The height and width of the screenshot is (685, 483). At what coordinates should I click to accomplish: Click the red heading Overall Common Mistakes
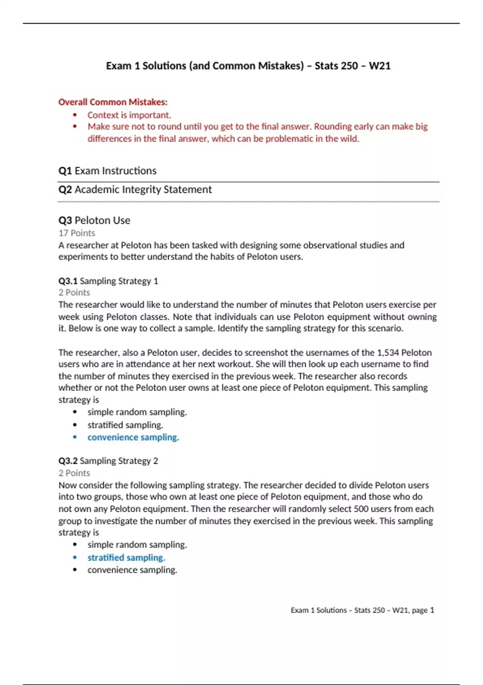pos(113,102)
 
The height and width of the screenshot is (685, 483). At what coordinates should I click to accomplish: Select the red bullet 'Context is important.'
pos(129,115)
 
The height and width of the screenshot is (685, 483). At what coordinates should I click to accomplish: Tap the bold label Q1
pos(65,171)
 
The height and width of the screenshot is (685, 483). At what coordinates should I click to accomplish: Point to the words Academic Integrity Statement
pos(143,189)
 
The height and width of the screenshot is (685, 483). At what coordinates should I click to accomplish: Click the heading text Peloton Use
pos(102,220)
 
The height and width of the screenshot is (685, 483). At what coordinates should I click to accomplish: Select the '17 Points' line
pos(76,233)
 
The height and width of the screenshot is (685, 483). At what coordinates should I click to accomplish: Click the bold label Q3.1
pos(68,281)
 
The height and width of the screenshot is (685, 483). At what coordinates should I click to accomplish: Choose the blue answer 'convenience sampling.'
pos(133,437)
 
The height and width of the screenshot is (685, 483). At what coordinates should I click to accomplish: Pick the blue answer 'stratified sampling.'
pos(126,558)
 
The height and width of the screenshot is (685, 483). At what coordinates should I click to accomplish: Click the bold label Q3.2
pos(68,461)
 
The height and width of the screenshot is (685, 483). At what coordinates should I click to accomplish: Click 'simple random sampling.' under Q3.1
pos(137,412)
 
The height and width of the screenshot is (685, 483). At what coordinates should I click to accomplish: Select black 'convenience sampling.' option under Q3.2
pos(132,570)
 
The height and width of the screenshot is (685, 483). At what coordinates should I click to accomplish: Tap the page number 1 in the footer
pos(432,610)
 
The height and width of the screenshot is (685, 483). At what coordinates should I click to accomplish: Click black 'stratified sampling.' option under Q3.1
pos(125,425)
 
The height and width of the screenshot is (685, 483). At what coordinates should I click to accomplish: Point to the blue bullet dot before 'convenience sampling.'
pos(75,437)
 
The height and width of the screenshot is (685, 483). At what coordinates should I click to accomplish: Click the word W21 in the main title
pos(380,66)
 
